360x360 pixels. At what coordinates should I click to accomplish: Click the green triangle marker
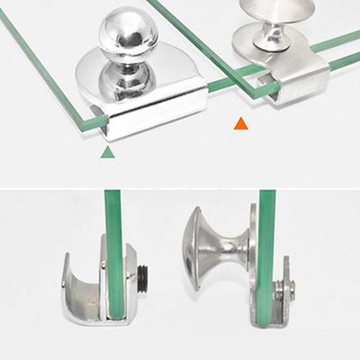click(108, 153)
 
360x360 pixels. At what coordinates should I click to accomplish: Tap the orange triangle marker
click(240, 123)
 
